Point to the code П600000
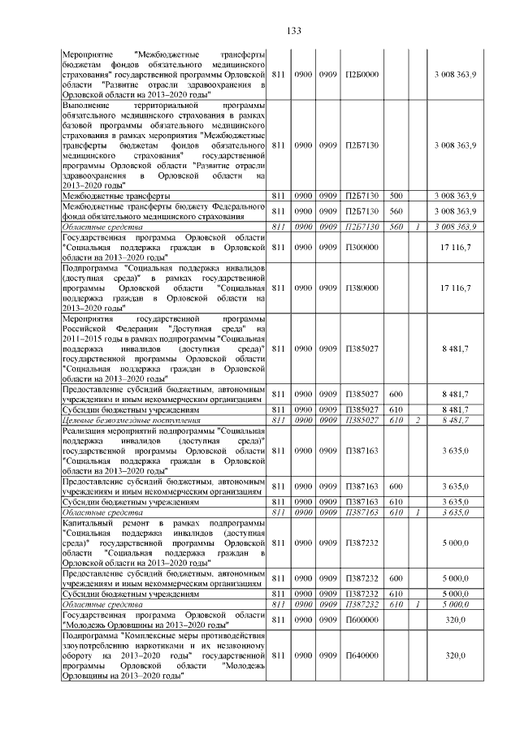pyautogui.click(x=358, y=619)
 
